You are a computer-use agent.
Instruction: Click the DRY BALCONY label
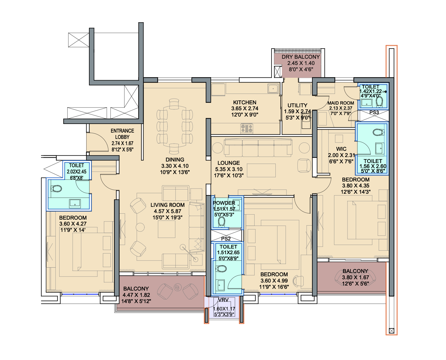(301, 57)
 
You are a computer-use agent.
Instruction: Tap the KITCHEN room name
(244, 102)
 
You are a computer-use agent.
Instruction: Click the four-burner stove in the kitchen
(247, 128)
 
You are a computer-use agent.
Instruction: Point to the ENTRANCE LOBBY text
(122, 134)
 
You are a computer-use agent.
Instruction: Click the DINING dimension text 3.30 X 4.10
(175, 166)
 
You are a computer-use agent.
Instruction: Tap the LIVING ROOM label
(167, 205)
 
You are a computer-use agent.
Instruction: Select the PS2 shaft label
(226, 239)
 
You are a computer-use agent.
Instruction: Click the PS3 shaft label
(374, 113)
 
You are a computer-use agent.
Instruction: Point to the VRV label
(223, 300)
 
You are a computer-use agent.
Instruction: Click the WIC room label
(341, 149)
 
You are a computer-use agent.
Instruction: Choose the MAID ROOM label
(341, 103)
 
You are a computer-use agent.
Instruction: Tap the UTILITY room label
(297, 105)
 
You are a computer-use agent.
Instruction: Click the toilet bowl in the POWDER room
(222, 221)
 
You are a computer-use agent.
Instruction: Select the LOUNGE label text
(228, 163)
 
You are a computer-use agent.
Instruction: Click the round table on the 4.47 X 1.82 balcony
(177, 287)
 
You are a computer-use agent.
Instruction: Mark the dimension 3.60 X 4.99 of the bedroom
(274, 281)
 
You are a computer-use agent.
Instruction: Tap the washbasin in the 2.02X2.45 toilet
(75, 203)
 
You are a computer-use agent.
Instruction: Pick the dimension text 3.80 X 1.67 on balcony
(355, 277)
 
